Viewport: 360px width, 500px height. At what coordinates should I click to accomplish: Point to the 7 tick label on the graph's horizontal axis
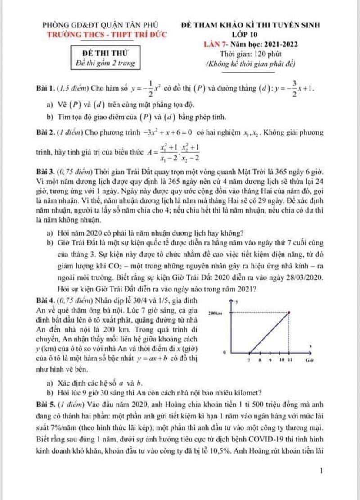(x=249, y=360)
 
